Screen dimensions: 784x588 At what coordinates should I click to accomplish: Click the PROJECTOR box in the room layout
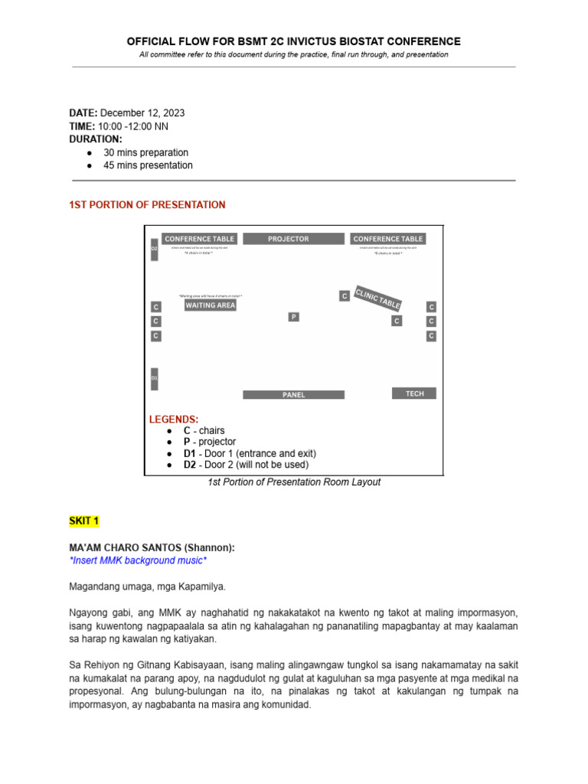289,239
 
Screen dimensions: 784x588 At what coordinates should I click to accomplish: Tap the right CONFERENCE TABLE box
387,239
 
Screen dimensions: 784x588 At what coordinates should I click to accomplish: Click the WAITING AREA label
211,305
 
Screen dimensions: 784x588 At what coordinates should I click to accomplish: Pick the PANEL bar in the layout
293,395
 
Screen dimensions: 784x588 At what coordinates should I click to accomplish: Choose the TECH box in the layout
414,394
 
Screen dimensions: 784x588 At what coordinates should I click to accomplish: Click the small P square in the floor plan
293,316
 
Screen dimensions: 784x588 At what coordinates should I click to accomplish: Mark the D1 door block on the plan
154,378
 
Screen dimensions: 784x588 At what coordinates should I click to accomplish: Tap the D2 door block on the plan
154,249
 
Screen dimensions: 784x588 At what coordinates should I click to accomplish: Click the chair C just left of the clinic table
345,296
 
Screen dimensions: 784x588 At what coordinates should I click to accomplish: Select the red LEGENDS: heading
173,419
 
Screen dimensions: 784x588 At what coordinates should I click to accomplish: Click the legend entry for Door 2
246,465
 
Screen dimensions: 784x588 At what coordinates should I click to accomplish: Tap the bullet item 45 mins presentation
148,165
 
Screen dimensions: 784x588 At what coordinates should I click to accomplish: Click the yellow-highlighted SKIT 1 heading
84,521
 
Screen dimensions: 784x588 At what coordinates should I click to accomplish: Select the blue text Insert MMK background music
138,561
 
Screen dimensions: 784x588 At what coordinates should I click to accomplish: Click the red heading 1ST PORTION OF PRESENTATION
147,204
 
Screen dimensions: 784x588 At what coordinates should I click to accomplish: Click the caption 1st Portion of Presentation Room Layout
294,482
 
